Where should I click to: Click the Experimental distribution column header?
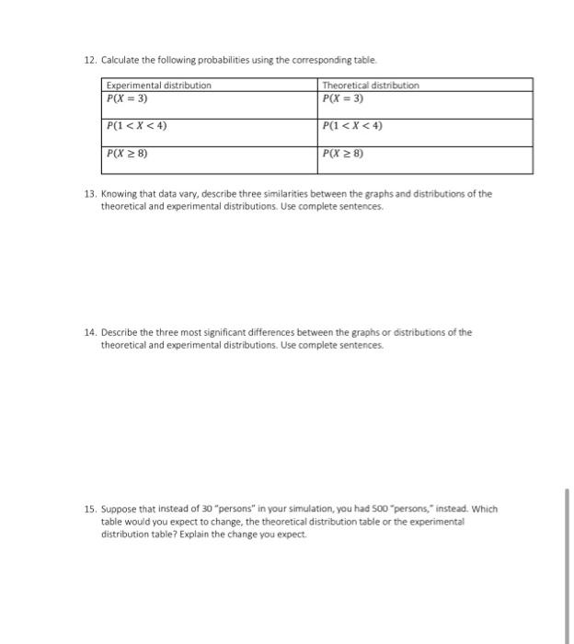click(x=158, y=85)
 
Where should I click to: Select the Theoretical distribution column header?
click(x=370, y=85)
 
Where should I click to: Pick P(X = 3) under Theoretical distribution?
click(x=342, y=98)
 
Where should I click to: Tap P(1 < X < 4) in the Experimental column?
click(x=136, y=125)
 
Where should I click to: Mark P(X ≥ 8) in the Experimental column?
click(x=127, y=154)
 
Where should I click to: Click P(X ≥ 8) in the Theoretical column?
click(x=343, y=154)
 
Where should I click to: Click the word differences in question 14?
click(x=267, y=332)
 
